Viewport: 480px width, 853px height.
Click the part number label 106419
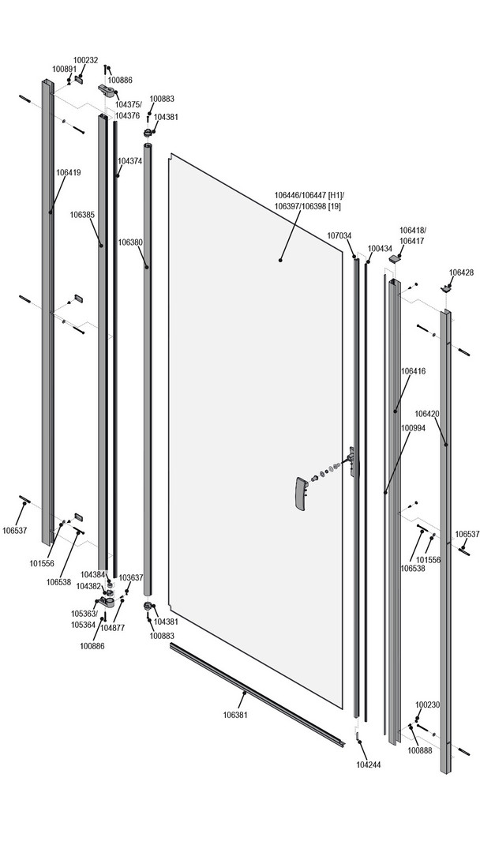[x=68, y=172]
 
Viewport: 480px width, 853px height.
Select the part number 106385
[x=82, y=214]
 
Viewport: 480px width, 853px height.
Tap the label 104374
[x=130, y=160]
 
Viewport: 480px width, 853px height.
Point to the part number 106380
[x=130, y=242]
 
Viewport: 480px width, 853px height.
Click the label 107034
[x=339, y=235]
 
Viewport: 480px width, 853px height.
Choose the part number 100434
[x=380, y=248]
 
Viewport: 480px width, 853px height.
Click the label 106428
[x=461, y=272]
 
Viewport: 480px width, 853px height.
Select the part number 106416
[x=413, y=370]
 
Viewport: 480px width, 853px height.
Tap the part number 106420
[x=427, y=413]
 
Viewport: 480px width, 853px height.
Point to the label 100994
[x=413, y=427]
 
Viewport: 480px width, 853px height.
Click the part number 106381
[x=235, y=715]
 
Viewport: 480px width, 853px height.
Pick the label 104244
[x=369, y=765]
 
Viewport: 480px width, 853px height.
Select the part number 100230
[x=427, y=705]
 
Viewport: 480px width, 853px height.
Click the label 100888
[x=420, y=750]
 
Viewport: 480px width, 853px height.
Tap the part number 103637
[x=131, y=577]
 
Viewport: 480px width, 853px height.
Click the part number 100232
[x=86, y=60]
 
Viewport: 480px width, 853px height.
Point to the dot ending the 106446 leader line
[x=280, y=258]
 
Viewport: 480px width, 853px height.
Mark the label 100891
[x=65, y=70]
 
